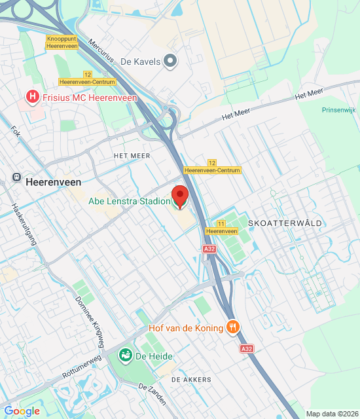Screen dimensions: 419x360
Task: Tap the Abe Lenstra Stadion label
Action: (130, 201)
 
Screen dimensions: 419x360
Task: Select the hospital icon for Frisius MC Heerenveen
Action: (31, 98)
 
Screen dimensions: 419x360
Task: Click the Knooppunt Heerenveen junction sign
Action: (62, 43)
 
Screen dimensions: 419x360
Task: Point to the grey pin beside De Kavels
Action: (170, 62)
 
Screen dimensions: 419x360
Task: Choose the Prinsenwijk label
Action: (338, 109)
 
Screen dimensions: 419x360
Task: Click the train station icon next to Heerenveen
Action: (16, 177)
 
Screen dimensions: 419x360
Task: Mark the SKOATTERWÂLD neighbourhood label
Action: (285, 223)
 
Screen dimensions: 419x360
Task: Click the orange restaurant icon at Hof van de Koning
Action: (232, 327)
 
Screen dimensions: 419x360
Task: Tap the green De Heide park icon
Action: (124, 355)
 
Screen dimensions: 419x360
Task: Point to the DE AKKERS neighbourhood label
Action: (191, 380)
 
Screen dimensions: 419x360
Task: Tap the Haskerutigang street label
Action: (25, 223)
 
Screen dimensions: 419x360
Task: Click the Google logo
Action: (22, 411)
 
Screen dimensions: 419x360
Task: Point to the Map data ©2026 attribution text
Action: (332, 414)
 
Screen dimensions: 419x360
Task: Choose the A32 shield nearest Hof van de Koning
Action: (247, 349)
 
